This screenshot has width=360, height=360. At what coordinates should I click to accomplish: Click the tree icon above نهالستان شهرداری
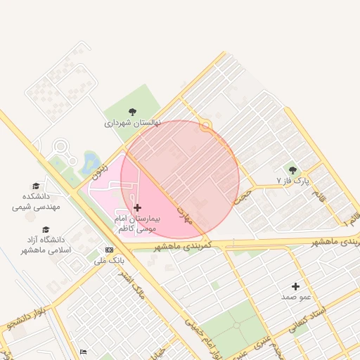point(133,111)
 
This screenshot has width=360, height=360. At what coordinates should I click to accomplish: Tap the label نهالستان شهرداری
point(133,122)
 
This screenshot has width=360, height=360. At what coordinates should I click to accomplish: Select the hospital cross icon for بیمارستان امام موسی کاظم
point(136,207)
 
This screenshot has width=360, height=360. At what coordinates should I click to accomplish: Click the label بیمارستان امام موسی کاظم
point(138,224)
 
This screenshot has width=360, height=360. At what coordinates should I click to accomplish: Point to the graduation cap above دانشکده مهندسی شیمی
point(36,186)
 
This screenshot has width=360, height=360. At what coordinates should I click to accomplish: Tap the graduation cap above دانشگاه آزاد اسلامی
point(46,229)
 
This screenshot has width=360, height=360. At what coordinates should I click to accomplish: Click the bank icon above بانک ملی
point(109,250)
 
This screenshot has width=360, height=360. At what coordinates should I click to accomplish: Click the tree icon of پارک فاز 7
point(292,169)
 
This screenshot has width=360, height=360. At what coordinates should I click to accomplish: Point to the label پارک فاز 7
point(292,181)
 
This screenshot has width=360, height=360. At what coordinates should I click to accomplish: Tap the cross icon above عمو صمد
point(295,286)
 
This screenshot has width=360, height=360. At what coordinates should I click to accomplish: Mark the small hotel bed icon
point(83,352)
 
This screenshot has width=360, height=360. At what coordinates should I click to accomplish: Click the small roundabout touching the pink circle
point(205,126)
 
